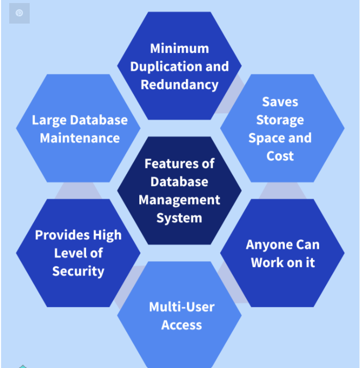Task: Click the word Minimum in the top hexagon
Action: (x=179, y=49)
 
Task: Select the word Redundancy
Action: (x=179, y=85)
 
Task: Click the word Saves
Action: (x=280, y=102)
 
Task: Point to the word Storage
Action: (x=280, y=120)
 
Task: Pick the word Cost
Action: (x=280, y=156)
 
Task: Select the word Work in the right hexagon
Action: (x=266, y=263)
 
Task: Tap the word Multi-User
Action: (x=182, y=307)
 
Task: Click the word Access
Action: (x=182, y=325)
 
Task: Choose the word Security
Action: (x=78, y=271)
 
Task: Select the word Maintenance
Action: (x=80, y=138)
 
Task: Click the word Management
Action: (x=179, y=200)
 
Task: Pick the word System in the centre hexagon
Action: (x=179, y=218)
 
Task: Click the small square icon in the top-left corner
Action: (x=19, y=13)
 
